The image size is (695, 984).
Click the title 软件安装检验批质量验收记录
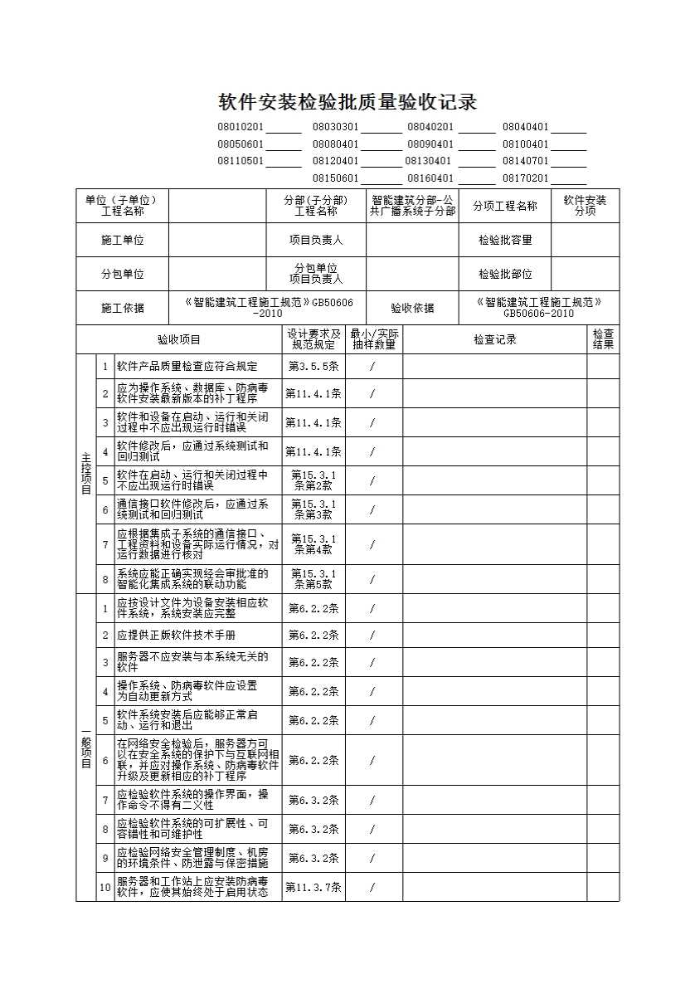pyautogui.click(x=347, y=102)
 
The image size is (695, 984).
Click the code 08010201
pyautogui.click(x=241, y=127)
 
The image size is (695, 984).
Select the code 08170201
pyautogui.click(x=525, y=178)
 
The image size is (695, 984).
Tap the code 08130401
pyautogui.click(x=429, y=161)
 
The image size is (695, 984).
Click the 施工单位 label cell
pyautogui.click(x=122, y=240)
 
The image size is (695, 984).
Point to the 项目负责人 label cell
pyautogui.click(x=316, y=240)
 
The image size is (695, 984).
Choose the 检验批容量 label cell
pyautogui.click(x=505, y=240)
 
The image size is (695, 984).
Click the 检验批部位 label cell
pyautogui.click(x=505, y=274)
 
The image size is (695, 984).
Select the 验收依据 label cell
pyautogui.click(x=412, y=308)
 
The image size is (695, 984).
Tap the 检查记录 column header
pyautogui.click(x=495, y=339)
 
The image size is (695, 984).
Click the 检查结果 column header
pyautogui.click(x=603, y=339)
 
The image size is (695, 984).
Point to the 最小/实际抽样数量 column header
pyautogui.click(x=373, y=339)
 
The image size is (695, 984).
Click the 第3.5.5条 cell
pyautogui.click(x=313, y=366)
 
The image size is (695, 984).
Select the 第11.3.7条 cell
pyautogui.click(x=313, y=887)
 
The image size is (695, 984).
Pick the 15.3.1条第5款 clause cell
pyautogui.click(x=313, y=579)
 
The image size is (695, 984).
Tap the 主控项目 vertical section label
pyautogui.click(x=85, y=473)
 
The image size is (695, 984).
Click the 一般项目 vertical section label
pyautogui.click(x=85, y=748)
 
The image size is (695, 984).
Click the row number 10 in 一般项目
pyautogui.click(x=105, y=887)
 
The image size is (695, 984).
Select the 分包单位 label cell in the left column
pyautogui.click(x=122, y=274)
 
